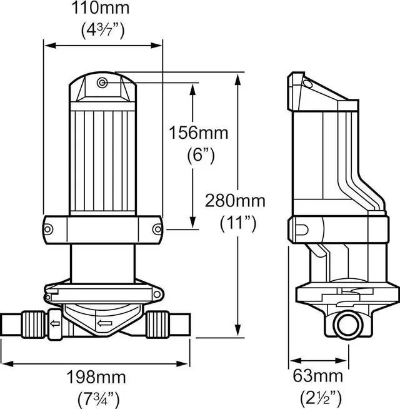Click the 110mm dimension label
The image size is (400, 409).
point(101,8)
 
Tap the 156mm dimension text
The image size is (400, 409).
point(198,133)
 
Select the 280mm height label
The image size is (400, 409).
point(235,201)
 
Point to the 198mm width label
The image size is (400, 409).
point(96,377)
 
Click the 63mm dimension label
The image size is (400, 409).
point(318,376)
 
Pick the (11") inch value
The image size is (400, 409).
point(238,224)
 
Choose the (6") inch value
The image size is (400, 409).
point(201,156)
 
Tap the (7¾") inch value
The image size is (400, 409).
point(99,399)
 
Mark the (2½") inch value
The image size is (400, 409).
point(321,398)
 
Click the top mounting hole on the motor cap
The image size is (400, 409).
point(102,83)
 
